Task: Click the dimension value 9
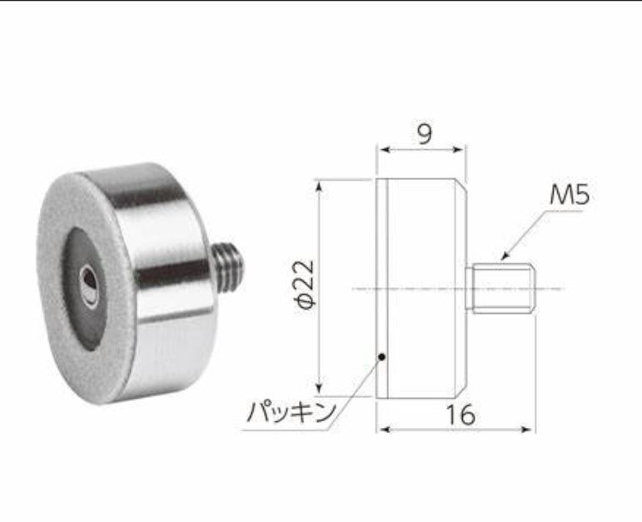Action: click(x=425, y=134)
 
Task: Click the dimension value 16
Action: click(x=456, y=414)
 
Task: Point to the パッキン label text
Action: click(x=291, y=411)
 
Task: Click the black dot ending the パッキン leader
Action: click(x=381, y=357)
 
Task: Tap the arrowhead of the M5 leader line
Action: click(x=503, y=252)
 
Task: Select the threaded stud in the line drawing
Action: click(x=502, y=290)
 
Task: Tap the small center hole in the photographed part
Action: click(x=88, y=284)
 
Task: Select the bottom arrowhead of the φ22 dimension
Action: click(x=318, y=389)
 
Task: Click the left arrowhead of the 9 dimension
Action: click(x=382, y=151)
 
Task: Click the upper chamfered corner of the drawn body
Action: click(x=460, y=185)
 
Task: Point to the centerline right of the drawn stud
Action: click(x=550, y=289)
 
